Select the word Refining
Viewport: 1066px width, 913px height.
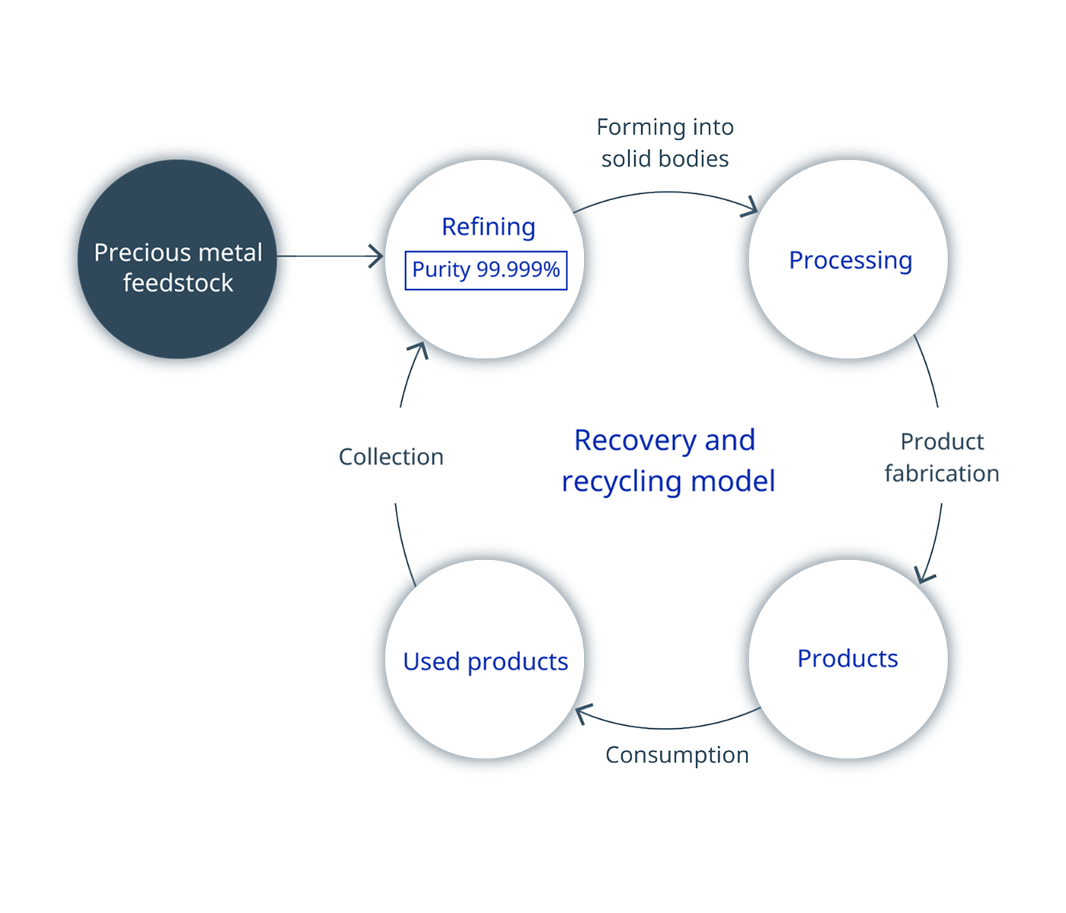click(x=488, y=227)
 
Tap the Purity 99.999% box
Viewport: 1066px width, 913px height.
click(x=486, y=270)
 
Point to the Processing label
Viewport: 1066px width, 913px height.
click(x=850, y=260)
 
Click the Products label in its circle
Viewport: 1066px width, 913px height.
click(x=847, y=658)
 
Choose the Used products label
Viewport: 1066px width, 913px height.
click(x=485, y=661)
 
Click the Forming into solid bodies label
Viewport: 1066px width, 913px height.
click(x=665, y=143)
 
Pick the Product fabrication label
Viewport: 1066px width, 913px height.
click(x=941, y=457)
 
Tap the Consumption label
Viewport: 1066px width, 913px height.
click(x=676, y=755)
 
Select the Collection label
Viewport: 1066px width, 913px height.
click(x=391, y=456)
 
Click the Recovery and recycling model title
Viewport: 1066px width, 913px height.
click(x=667, y=460)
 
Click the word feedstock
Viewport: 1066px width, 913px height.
click(x=177, y=283)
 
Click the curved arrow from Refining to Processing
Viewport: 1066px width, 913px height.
click(x=666, y=193)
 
